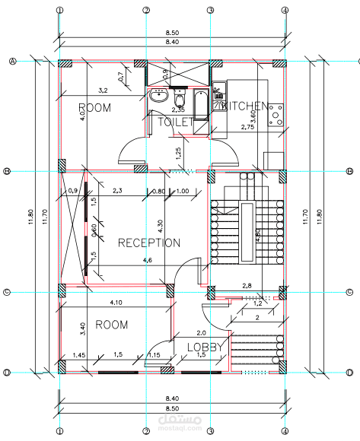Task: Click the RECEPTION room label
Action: click(x=149, y=243)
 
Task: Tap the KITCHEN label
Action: click(x=245, y=107)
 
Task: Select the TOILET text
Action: click(x=176, y=122)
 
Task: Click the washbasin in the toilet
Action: click(x=158, y=97)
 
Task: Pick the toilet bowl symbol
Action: click(x=180, y=100)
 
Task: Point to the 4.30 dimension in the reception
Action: click(x=161, y=226)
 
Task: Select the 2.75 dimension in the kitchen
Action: click(x=247, y=127)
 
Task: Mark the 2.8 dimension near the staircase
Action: click(x=247, y=286)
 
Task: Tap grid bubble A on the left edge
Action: click(x=13, y=62)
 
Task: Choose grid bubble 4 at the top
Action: click(x=284, y=11)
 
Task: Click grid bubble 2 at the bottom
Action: click(x=146, y=430)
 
